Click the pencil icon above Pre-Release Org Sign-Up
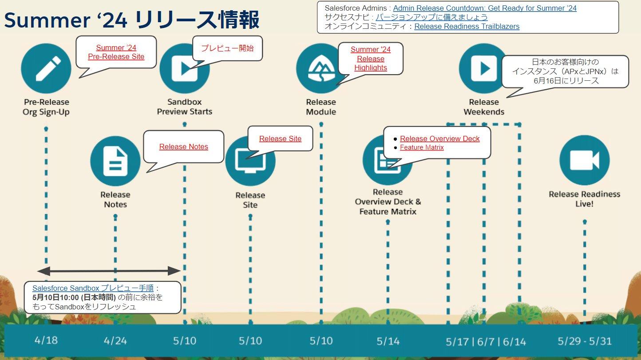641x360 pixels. coord(46,68)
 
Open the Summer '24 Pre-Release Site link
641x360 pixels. coord(116,52)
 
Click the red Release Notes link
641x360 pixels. coord(184,147)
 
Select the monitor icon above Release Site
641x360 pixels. coord(250,161)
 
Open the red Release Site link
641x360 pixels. coord(280,138)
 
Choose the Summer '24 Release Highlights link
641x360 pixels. coord(371,59)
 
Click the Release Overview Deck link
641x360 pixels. coord(439,138)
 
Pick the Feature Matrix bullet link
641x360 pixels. coord(422,147)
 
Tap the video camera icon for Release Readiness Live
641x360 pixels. coord(584,160)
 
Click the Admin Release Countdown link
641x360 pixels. coord(485,8)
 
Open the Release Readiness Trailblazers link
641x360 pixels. coord(467,26)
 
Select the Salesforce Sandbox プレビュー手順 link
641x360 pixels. coord(93,288)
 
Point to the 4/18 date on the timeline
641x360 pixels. coord(46,340)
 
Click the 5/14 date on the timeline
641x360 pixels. coord(388,341)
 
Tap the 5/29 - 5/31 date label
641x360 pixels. coord(584,341)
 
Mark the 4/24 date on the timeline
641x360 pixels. coord(115,340)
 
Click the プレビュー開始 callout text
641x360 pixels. coord(227,48)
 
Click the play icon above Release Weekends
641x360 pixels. coord(483,68)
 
